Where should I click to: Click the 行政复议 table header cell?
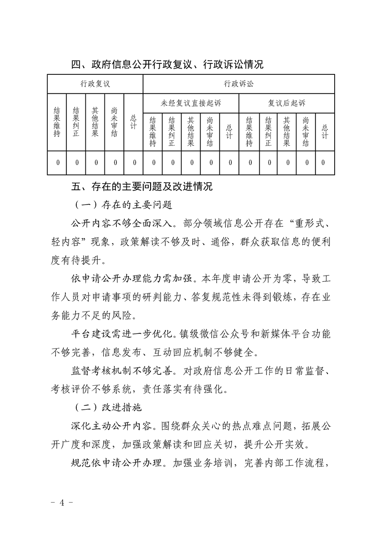pyautogui.click(x=95, y=84)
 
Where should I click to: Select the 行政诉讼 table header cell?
pyautogui.click(x=238, y=84)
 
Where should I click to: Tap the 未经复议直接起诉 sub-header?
pyautogui.click(x=191, y=103)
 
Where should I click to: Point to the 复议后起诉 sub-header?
pyautogui.click(x=286, y=103)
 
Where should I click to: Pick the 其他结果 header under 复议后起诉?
pyautogui.click(x=286, y=131)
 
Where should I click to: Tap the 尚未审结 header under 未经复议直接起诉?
pyautogui.click(x=210, y=131)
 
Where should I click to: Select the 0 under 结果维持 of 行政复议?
pyautogui.click(x=57, y=163)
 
